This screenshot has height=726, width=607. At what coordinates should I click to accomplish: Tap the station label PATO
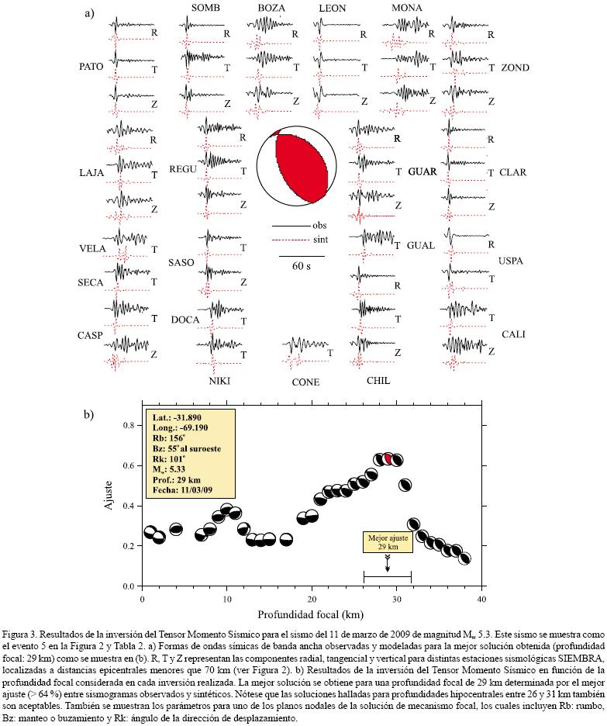tap(91, 67)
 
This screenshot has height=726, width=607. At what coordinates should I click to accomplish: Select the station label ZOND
tap(515, 68)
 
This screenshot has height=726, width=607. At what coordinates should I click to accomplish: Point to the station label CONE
tap(305, 382)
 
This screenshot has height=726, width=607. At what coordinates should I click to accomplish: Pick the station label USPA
tap(511, 261)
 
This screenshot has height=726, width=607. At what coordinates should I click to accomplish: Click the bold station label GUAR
tap(423, 171)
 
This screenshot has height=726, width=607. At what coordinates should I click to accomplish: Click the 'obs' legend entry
tap(319, 226)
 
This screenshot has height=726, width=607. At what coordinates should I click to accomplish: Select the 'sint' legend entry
tap(319, 240)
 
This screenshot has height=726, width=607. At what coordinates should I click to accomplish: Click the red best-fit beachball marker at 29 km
tap(388, 459)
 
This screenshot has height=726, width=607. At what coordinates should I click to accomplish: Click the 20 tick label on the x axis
tap(312, 601)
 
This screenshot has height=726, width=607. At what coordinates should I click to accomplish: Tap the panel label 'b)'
tap(89, 414)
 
